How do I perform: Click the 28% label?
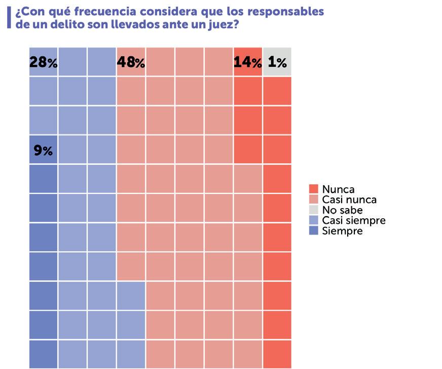44,62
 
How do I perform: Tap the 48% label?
131,62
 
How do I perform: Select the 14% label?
248,62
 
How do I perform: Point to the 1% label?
277,62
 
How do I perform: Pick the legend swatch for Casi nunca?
313,199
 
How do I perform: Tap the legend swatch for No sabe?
313,210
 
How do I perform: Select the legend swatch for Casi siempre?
313,220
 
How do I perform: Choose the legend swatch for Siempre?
313,231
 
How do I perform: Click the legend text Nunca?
338,189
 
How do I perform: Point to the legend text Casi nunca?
349,199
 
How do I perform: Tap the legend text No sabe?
342,210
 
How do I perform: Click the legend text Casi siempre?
354,220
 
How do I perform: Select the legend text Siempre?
342,231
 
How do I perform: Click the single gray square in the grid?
277,61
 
